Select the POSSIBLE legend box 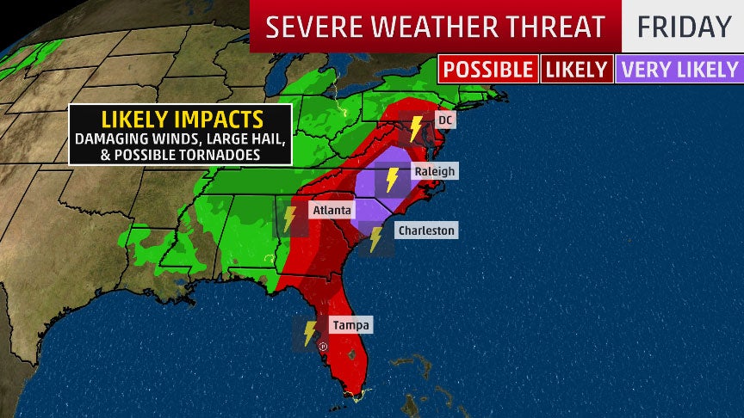[x=488, y=69]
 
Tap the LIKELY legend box [x=577, y=69]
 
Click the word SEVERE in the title [x=307, y=27]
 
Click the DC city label [x=444, y=120]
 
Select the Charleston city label [x=425, y=231]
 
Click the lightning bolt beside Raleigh [x=391, y=180]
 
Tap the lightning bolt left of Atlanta [x=289, y=218]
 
